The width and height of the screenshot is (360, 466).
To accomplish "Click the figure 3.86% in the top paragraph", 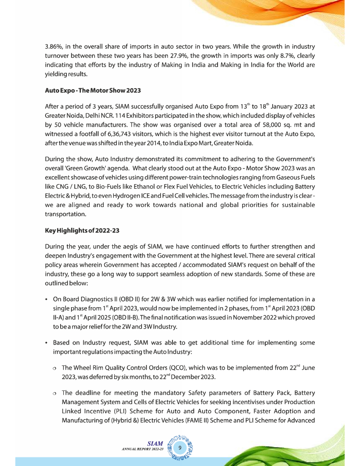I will pyautogui.click(x=55, y=47).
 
